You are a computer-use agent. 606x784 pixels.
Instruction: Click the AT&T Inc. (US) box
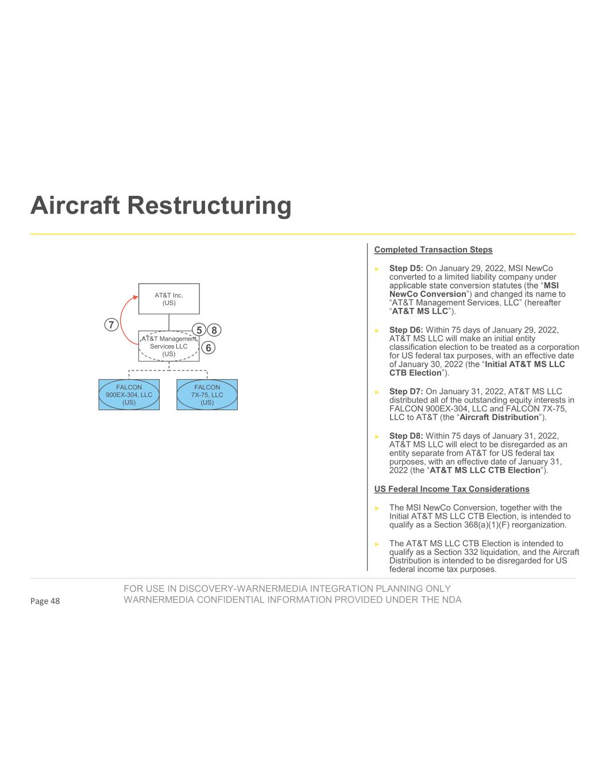[169, 299]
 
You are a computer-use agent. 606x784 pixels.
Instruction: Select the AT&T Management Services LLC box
[169, 346]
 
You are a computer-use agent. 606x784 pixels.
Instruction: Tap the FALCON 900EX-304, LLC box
[129, 395]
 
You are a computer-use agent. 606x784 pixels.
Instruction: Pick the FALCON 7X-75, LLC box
[207, 395]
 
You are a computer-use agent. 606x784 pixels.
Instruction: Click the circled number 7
[111, 324]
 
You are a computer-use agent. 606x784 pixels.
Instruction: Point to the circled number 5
[199, 330]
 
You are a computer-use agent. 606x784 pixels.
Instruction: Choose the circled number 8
[214, 330]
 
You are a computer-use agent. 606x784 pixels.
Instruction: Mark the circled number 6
[209, 347]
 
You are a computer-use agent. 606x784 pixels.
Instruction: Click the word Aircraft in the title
[76, 206]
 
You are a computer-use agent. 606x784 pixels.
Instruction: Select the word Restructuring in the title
[210, 206]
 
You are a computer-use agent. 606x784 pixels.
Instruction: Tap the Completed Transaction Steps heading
[433, 249]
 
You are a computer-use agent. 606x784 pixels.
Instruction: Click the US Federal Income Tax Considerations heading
[451, 489]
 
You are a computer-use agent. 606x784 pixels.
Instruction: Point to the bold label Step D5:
[406, 268]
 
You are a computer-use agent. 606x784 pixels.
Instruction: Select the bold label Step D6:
[406, 330]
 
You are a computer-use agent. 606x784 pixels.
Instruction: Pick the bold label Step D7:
[406, 392]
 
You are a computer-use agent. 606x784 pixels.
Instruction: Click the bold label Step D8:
[406, 436]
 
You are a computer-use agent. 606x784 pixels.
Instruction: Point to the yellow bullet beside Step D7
[377, 392]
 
